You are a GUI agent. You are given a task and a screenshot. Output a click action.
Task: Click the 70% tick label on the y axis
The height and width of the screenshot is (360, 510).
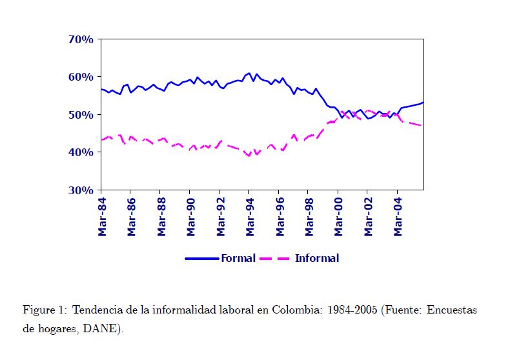pyautogui.click(x=81, y=39)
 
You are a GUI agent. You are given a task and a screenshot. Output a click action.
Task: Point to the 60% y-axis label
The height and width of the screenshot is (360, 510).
pyautogui.click(x=81, y=77)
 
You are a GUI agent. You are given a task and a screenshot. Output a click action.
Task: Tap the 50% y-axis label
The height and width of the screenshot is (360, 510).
pyautogui.click(x=81, y=115)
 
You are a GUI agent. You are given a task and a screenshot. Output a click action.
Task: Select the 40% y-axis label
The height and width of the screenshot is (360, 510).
pyautogui.click(x=81, y=152)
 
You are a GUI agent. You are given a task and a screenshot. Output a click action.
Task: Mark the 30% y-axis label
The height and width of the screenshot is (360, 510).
pyautogui.click(x=81, y=190)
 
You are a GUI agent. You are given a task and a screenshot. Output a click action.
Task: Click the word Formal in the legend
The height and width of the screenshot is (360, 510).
pyautogui.click(x=238, y=258)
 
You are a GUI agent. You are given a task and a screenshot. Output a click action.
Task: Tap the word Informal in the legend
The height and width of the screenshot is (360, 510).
pyautogui.click(x=316, y=258)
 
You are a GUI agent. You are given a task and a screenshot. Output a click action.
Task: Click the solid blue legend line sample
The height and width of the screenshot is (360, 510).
pyautogui.click(x=202, y=259)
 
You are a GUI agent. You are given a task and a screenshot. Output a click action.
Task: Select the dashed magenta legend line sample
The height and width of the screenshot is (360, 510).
pyautogui.click(x=276, y=259)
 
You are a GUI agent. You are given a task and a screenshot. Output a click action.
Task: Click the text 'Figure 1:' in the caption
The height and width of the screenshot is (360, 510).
pyautogui.click(x=45, y=310)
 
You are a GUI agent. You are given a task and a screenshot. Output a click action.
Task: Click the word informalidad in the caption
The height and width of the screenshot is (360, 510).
pyautogui.click(x=158, y=310)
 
